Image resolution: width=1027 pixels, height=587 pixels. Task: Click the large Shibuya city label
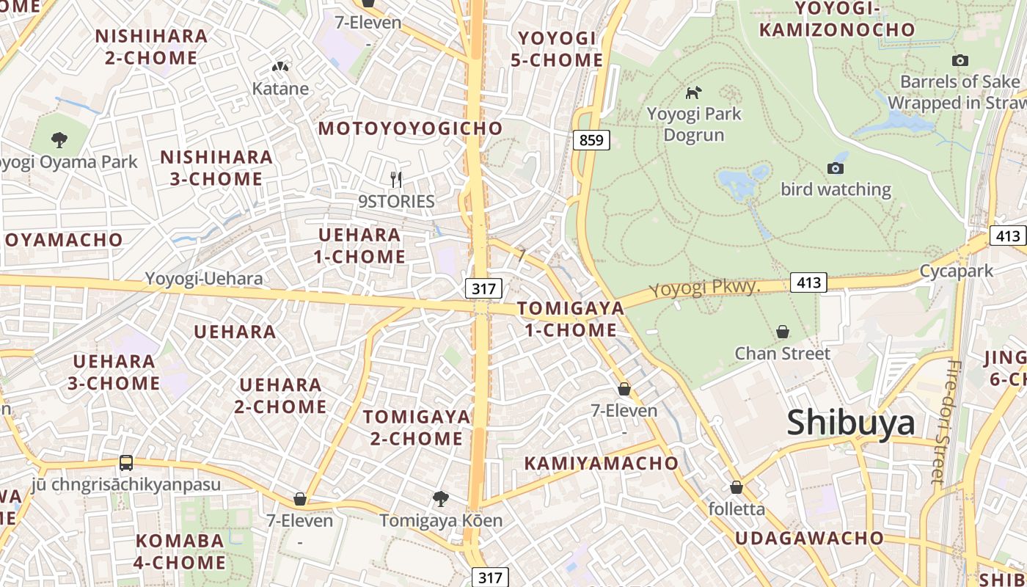851,423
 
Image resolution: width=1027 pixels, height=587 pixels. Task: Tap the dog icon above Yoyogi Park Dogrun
693,92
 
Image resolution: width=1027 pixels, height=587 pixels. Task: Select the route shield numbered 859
591,139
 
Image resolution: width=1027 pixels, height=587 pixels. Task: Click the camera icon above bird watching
835,168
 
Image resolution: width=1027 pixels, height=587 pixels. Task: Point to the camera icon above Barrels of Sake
960,60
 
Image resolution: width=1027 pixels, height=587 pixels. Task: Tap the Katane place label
280,89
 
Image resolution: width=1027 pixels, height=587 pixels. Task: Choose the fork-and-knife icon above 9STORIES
396,179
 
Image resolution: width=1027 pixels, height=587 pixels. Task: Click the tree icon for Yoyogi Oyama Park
59,139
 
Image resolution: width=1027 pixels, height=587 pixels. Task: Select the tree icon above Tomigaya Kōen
440,499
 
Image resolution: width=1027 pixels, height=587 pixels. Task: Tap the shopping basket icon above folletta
737,487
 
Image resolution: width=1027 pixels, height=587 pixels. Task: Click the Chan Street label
783,354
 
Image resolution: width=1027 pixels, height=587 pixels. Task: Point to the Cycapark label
957,271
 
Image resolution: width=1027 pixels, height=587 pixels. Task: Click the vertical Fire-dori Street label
943,422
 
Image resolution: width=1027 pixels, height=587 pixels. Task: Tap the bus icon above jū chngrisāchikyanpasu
126,463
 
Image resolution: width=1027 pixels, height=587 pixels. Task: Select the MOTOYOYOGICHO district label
411,128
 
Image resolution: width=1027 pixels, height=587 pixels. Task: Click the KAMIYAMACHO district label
602,463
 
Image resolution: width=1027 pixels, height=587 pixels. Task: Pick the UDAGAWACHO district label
809,538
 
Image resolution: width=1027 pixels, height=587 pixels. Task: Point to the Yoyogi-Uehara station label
203,279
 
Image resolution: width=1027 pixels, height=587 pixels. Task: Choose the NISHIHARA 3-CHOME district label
216,168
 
